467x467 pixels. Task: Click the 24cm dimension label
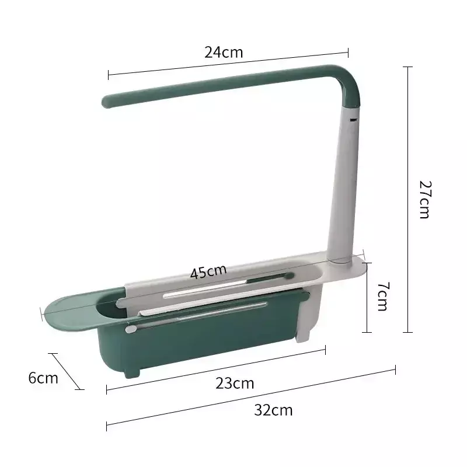(224, 52)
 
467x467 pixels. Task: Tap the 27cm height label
(425, 200)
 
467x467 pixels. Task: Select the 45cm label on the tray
(208, 271)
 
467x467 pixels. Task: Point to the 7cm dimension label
(383, 297)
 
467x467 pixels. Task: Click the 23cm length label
(235, 383)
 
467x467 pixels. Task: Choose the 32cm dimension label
(273, 410)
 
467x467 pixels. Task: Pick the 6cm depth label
(43, 378)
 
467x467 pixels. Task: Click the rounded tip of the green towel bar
(106, 102)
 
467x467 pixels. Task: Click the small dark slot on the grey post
(353, 120)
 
